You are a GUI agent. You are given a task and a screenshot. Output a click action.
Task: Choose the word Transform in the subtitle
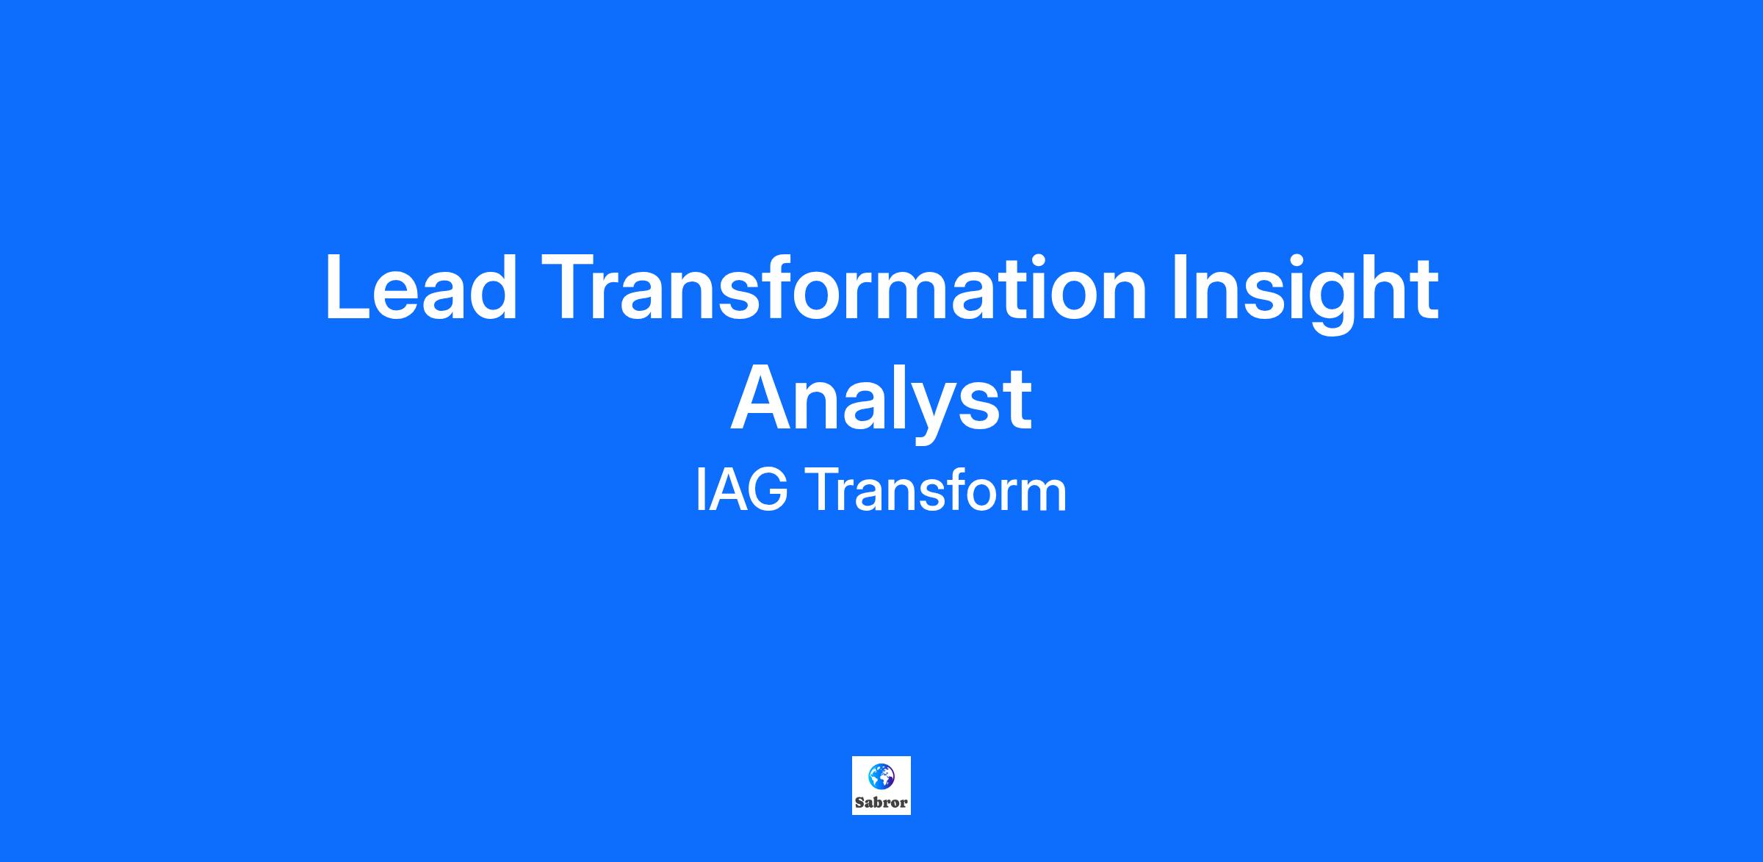(x=936, y=492)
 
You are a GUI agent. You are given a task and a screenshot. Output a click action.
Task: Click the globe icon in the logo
(x=881, y=776)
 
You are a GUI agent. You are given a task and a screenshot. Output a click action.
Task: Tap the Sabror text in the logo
(x=881, y=802)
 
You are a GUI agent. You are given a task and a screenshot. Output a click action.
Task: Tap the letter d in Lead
(x=492, y=287)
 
